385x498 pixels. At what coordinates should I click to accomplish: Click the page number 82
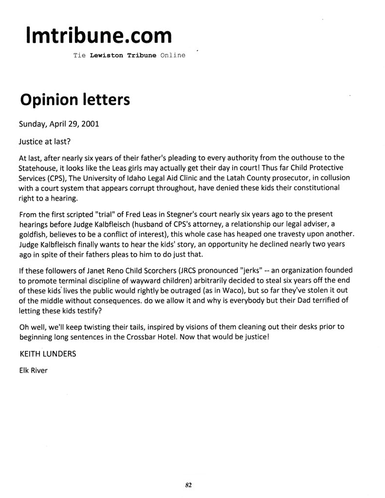(x=188, y=484)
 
